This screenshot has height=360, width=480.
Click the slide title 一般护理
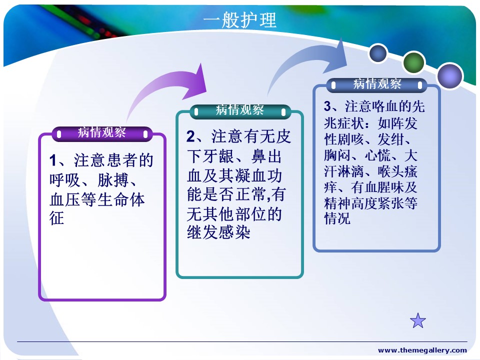[239, 20]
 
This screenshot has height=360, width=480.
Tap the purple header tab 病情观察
[102, 134]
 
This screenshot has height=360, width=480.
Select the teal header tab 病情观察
[240, 111]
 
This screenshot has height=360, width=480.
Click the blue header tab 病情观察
[377, 84]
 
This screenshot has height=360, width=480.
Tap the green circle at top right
[413, 63]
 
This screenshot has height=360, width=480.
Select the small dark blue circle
[378, 53]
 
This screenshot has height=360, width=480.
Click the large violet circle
[449, 76]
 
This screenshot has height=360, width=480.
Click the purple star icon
[418, 321]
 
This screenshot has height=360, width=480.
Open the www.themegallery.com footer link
[422, 350]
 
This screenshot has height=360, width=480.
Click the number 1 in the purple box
[53, 160]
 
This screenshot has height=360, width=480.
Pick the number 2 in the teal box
[190, 136]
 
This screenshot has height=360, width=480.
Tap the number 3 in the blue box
[327, 106]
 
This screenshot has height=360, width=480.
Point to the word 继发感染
[218, 232]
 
